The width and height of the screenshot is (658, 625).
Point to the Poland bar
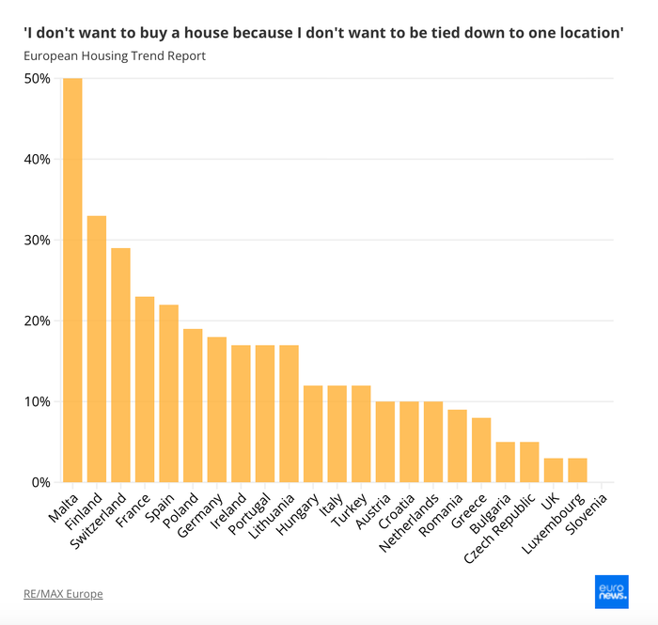click(x=193, y=405)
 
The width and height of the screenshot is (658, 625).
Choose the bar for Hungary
click(x=313, y=433)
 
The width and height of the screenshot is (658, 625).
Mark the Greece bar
click(x=481, y=450)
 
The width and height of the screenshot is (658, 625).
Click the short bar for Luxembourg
click(x=577, y=470)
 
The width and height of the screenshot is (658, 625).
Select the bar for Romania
click(x=457, y=446)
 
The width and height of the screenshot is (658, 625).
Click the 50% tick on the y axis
click(x=37, y=78)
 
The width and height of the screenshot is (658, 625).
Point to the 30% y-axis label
click(x=37, y=240)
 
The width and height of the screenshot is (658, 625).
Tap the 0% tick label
click(x=40, y=482)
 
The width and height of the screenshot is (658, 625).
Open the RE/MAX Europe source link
click(x=63, y=594)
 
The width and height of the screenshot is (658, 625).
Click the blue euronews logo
click(x=611, y=591)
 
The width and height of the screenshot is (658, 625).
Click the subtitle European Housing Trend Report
click(x=115, y=55)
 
